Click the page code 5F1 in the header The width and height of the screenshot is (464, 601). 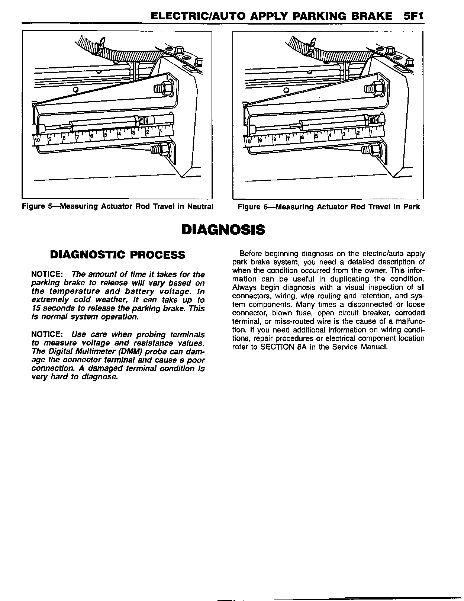pyautogui.click(x=413, y=16)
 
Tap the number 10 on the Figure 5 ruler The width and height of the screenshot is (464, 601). pyautogui.click(x=37, y=140)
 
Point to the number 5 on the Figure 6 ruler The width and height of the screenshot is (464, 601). pyautogui.click(x=316, y=136)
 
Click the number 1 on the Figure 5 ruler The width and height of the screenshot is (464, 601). pyautogui.click(x=160, y=131)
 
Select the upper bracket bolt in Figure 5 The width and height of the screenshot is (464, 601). pyautogui.click(x=163, y=89)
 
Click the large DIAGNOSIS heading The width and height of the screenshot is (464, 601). pyautogui.click(x=223, y=229)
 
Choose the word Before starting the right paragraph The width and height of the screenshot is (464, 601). pyautogui.click(x=250, y=254)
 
